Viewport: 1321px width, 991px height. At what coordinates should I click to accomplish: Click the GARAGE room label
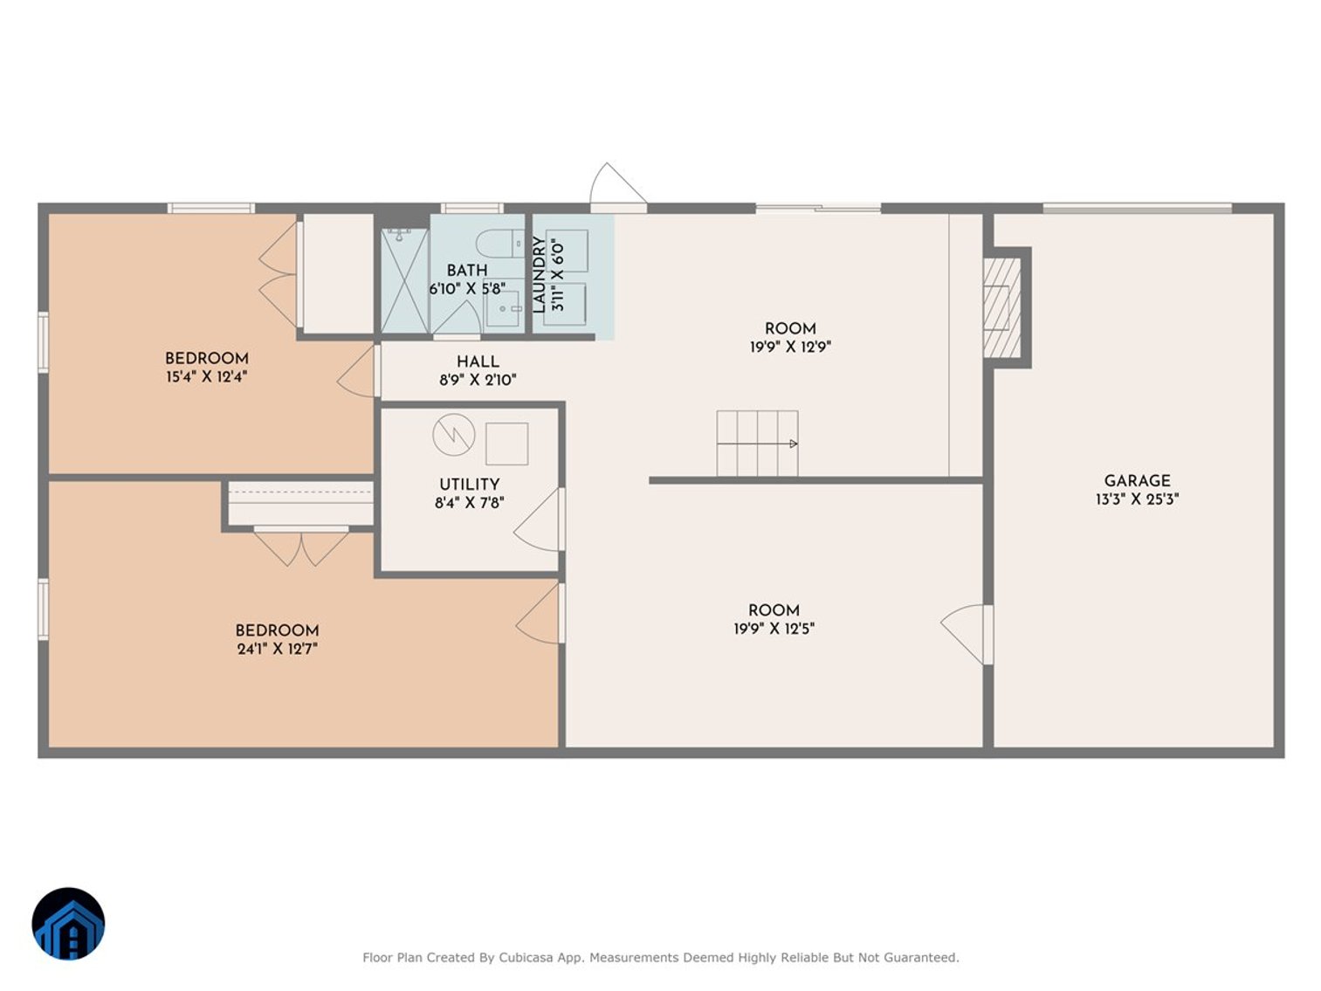click(1137, 480)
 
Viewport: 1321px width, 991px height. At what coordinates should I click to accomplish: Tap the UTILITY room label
click(469, 484)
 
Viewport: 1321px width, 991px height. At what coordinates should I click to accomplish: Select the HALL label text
click(478, 361)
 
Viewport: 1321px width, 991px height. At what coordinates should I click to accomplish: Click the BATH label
click(467, 271)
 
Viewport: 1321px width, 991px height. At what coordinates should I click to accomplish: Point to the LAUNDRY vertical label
click(539, 274)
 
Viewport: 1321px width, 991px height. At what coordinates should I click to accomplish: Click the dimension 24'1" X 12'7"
click(277, 649)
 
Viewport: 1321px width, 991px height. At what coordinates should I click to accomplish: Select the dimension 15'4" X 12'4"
click(206, 377)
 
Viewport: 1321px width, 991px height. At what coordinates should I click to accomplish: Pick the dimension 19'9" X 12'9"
click(790, 347)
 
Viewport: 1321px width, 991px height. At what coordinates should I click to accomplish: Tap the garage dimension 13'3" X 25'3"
click(1137, 499)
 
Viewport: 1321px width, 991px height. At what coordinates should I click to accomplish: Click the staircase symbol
click(757, 444)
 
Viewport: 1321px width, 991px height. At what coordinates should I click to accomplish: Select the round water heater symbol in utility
click(454, 434)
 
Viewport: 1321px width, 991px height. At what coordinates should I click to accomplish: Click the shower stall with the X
click(404, 280)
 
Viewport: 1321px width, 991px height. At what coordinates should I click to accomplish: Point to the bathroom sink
click(504, 308)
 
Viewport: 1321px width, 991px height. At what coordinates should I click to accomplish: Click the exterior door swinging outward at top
click(617, 186)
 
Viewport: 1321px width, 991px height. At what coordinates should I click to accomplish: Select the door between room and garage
click(967, 633)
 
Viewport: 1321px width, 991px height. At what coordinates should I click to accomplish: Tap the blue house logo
click(68, 924)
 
